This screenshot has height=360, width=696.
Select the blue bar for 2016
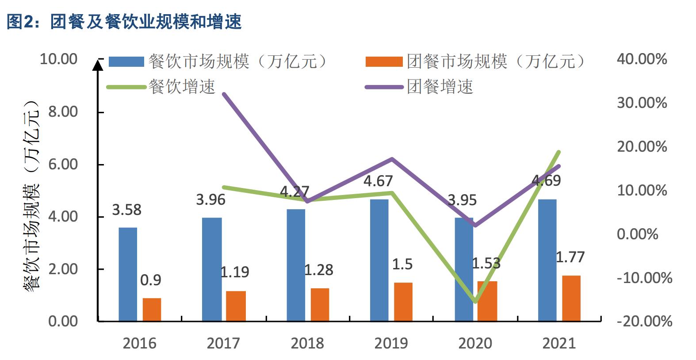[128, 274]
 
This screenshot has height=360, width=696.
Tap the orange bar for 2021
[571, 298]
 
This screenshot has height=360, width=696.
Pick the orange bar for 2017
[236, 306]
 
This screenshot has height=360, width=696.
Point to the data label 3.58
[126, 210]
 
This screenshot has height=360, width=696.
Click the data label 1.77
[570, 257]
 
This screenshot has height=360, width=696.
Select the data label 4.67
[378, 181]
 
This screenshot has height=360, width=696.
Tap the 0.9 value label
[150, 280]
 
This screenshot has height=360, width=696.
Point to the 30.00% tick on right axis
[642, 103]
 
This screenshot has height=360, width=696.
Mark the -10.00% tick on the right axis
[644, 278]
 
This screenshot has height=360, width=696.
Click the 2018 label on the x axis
[307, 343]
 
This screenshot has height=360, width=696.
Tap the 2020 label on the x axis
[475, 343]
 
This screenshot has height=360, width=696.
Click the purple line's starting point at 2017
[224, 94]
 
